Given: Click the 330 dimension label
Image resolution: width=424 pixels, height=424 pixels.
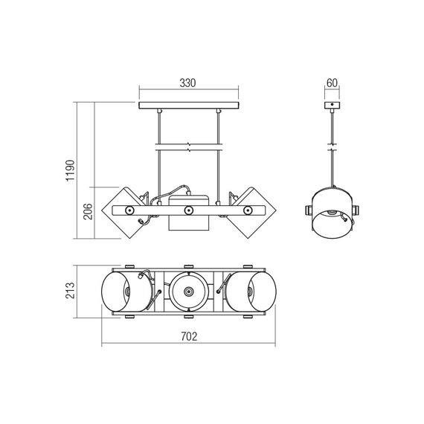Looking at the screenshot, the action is tap(187, 83).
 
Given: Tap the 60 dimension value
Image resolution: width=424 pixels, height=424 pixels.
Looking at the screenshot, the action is tap(332, 83).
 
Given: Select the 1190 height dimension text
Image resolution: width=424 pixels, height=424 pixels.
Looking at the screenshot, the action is tap(71, 170).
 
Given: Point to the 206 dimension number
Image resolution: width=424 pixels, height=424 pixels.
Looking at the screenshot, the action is tap(88, 211).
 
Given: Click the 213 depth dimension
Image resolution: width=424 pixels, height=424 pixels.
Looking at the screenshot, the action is tap(70, 291).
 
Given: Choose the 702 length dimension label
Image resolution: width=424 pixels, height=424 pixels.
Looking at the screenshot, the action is tap(189, 337).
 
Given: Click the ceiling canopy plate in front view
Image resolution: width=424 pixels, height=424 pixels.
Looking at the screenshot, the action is tap(189, 106).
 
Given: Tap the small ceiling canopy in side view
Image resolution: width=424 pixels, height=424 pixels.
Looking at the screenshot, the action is tap(332, 105).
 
